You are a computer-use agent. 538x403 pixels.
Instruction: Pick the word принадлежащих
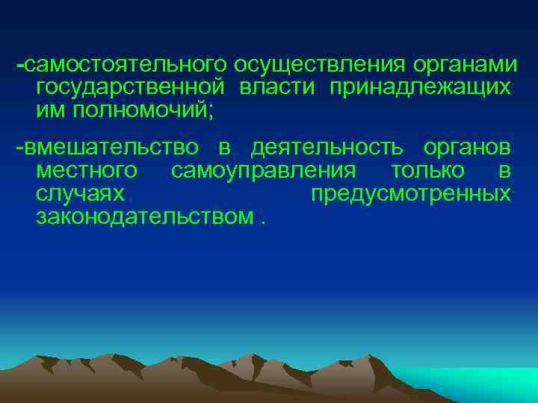(417, 88)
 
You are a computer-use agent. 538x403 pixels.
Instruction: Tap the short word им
(46, 110)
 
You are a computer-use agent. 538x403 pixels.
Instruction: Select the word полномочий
(139, 110)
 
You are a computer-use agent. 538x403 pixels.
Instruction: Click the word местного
(86, 171)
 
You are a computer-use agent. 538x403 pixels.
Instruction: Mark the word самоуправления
(263, 171)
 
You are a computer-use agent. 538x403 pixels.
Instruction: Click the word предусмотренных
(410, 194)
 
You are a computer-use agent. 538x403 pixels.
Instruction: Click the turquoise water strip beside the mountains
(478, 384)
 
